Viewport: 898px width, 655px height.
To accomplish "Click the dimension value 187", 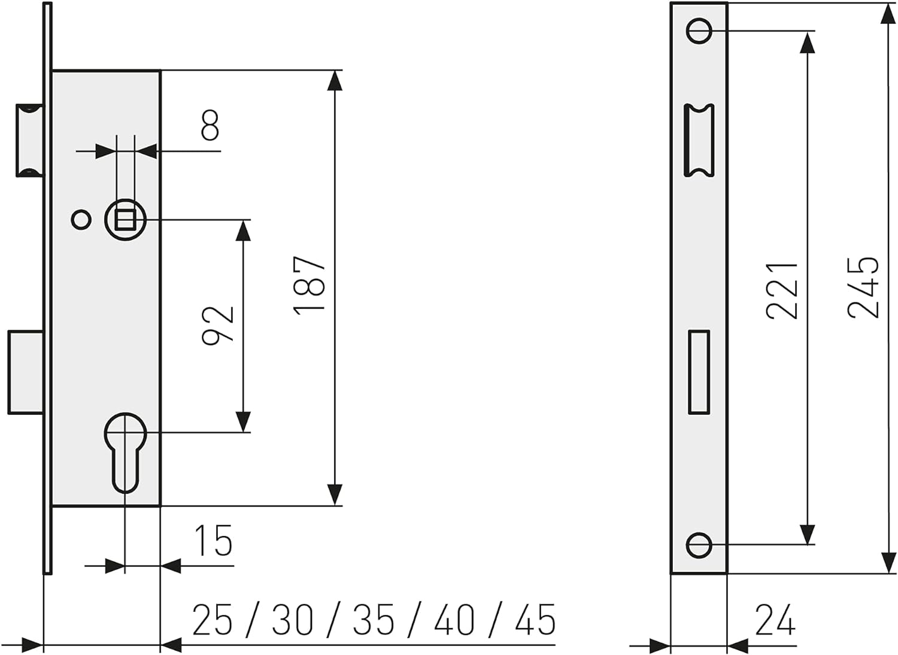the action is click(x=309, y=286).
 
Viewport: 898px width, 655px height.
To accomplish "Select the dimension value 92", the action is click(x=218, y=326).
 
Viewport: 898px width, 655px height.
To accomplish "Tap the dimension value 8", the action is click(x=210, y=125).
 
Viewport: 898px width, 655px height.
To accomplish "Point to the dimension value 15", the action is click(x=214, y=540).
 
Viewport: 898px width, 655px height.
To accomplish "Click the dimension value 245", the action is click(x=863, y=287).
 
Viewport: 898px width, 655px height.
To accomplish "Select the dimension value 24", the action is click(x=775, y=620).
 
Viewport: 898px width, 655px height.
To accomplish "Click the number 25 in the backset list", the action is click(x=213, y=620).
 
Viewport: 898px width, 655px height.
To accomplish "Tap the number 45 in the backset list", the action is click(x=535, y=620).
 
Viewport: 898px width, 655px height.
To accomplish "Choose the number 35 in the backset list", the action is click(x=373, y=620).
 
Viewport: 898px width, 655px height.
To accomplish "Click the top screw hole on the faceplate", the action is click(x=699, y=31).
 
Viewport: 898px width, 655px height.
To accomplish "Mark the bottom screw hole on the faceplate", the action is click(x=699, y=545).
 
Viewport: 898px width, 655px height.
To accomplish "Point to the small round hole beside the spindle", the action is click(x=81, y=220).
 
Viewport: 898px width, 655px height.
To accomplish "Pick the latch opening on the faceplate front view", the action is click(x=699, y=140).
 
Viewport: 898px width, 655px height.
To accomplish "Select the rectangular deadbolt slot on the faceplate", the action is click(x=699, y=372).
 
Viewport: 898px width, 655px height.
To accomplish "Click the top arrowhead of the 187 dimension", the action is click(x=335, y=81).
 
